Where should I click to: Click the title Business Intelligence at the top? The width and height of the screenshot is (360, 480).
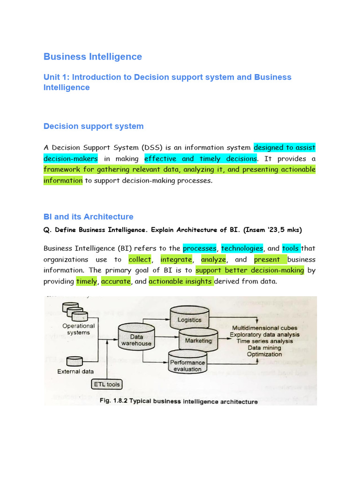click(x=92, y=57)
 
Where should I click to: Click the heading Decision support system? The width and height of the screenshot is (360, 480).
click(x=93, y=126)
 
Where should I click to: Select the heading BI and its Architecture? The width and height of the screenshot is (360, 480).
click(x=88, y=217)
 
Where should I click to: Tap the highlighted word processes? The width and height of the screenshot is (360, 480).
click(x=200, y=248)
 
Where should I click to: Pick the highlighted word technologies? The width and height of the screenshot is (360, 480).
click(x=242, y=248)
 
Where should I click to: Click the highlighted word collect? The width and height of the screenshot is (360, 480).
click(x=140, y=259)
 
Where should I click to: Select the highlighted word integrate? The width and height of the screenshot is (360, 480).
click(x=176, y=259)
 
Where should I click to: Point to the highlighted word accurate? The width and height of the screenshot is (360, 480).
click(x=116, y=281)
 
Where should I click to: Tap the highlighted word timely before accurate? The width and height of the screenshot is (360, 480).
click(x=87, y=281)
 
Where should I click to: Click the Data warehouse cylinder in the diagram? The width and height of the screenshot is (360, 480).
click(x=136, y=339)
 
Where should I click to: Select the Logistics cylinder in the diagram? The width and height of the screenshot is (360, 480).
click(x=189, y=320)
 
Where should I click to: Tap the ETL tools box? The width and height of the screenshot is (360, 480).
click(x=106, y=384)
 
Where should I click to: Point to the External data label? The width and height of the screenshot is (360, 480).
click(x=75, y=372)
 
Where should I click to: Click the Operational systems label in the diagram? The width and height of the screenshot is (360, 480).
click(x=79, y=329)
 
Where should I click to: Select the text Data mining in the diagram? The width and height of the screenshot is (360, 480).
click(x=264, y=348)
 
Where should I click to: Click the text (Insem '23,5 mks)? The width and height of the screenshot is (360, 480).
click(x=272, y=230)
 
